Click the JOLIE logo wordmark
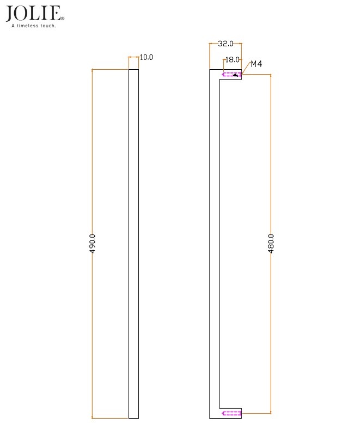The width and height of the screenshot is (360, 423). [34, 13]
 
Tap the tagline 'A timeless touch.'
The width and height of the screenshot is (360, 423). [34, 25]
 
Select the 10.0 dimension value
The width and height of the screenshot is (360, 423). [147, 57]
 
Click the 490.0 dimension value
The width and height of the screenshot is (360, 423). [93, 243]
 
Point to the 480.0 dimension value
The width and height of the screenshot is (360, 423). [271, 243]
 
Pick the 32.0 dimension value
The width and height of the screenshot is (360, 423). [225, 44]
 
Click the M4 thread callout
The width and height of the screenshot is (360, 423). [257, 64]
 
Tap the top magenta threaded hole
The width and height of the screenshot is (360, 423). [232, 75]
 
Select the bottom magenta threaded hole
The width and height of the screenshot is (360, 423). [232, 413]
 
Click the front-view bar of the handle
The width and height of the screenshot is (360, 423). [133, 244]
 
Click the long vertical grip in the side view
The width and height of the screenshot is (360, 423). [215, 244]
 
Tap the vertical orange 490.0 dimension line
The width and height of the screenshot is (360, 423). [93, 164]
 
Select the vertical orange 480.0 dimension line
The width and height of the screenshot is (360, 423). [271, 164]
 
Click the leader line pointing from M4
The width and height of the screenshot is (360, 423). [246, 69]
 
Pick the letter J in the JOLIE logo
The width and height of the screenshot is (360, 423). [10, 14]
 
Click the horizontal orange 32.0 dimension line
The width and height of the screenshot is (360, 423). [213, 44]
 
